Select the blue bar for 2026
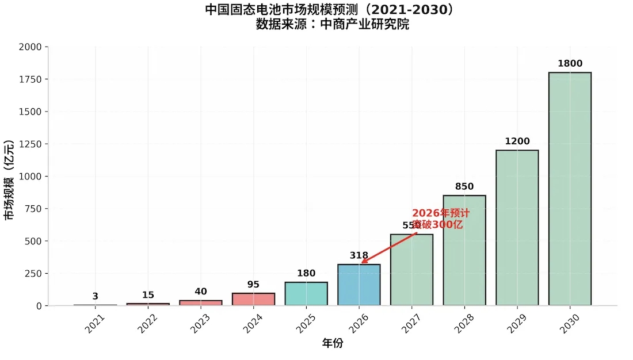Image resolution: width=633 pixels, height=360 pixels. pyautogui.click(x=359, y=285)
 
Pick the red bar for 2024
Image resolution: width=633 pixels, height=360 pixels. pyautogui.click(x=253, y=299)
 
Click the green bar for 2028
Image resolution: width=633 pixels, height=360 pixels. pyautogui.click(x=464, y=250)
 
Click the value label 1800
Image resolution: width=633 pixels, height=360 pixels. pyautogui.click(x=570, y=63)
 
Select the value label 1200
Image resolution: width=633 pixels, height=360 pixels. pyautogui.click(x=517, y=141)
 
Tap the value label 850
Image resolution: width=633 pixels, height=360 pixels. pyautogui.click(x=464, y=186)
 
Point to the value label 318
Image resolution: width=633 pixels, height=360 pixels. pyautogui.click(x=359, y=255)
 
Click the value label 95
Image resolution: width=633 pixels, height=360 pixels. pyautogui.click(x=253, y=284)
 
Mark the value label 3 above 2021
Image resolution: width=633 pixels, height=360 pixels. pyautogui.click(x=96, y=296)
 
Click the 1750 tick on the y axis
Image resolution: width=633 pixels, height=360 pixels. pyautogui.click(x=30, y=79)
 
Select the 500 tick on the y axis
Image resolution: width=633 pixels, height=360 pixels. pyautogui.click(x=32, y=241)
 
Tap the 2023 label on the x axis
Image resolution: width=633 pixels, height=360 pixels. pyautogui.click(x=200, y=326)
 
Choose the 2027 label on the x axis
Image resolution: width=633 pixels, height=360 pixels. pyautogui.click(x=411, y=326)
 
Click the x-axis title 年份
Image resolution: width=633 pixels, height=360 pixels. pyautogui.click(x=332, y=344)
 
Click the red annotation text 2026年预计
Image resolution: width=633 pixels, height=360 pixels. pyautogui.click(x=441, y=213)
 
